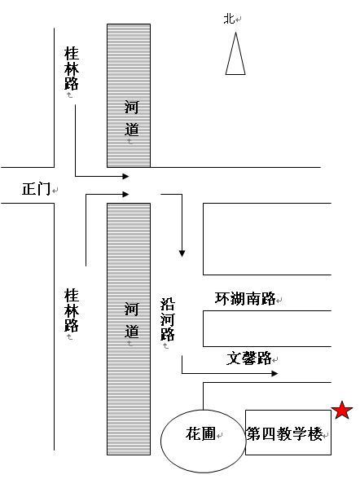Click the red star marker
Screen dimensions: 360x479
pos(342,411)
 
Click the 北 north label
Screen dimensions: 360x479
pos(230,19)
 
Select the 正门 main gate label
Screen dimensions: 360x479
pos(36,189)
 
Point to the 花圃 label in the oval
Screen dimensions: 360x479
pos(200,433)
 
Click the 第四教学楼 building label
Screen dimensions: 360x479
pos(284,433)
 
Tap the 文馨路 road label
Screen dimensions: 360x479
pos(249,358)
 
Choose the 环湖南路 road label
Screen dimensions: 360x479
pos(245,298)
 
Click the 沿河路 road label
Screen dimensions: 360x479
pos(167,319)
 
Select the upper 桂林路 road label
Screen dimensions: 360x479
pos(72,68)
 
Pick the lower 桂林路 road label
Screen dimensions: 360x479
pos(72,310)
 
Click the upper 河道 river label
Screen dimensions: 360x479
pos(131,118)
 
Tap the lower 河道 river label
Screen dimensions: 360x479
pos(131,320)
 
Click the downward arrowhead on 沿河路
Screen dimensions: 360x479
pos(182,253)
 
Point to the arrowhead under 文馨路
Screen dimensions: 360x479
pos(274,373)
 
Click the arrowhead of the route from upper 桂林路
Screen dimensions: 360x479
pos(125,176)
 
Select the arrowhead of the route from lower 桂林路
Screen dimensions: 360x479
pos(125,194)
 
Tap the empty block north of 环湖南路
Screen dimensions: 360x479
pos(267,239)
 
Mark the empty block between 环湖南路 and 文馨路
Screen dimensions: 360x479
pos(267,328)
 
